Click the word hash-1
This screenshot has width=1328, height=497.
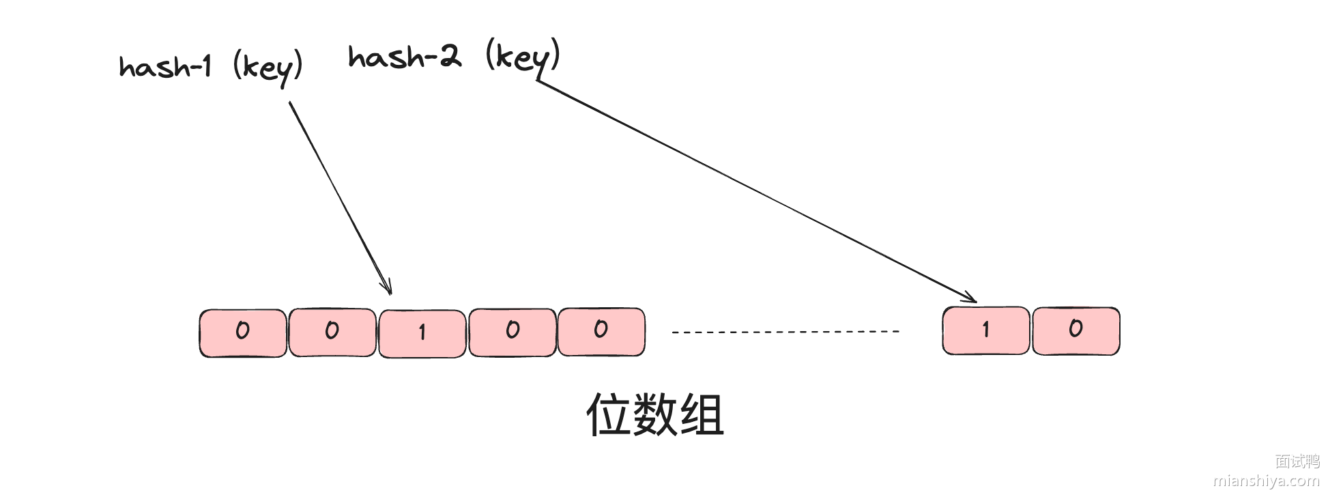(x=165, y=67)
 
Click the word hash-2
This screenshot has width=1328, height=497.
(x=404, y=57)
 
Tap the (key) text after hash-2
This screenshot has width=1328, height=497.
(x=523, y=57)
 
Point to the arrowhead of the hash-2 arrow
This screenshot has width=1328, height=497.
(x=970, y=298)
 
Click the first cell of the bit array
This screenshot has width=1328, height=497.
(x=243, y=332)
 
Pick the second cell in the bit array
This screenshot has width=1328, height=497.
(x=332, y=332)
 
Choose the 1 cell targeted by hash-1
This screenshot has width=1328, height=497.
(x=422, y=333)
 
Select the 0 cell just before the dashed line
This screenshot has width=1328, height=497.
(x=601, y=331)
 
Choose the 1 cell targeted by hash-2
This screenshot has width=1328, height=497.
(x=986, y=330)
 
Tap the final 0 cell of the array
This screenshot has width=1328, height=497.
(x=1076, y=330)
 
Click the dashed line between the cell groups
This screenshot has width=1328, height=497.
(x=785, y=332)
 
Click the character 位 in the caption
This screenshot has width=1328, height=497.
(x=609, y=414)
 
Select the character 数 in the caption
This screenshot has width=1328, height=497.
(x=655, y=414)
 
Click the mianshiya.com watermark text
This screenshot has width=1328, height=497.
(x=1266, y=481)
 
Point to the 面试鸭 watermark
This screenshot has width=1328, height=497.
(x=1297, y=461)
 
